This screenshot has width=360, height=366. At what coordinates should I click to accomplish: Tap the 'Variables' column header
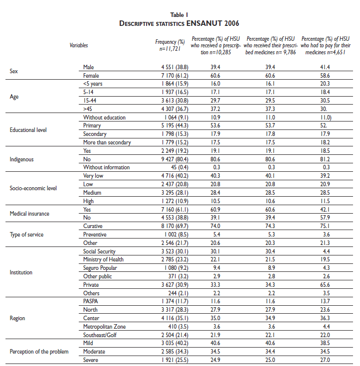pyautogui.click(x=79, y=45)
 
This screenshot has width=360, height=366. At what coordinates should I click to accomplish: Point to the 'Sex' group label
pyautogui.click(x=14, y=71)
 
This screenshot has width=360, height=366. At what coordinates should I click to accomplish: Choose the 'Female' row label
pyautogui.click(x=92, y=75)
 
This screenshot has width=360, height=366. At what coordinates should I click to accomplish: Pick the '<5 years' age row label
pyautogui.click(x=93, y=84)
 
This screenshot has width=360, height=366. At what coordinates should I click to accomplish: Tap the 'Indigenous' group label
pyautogui.click(x=23, y=159)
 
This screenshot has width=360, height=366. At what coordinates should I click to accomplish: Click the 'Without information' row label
pyautogui.click(x=106, y=168)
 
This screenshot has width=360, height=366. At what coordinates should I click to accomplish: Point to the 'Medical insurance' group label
pyautogui.click(x=30, y=214)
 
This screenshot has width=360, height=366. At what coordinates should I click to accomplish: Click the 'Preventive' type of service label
pyautogui.click(x=95, y=235)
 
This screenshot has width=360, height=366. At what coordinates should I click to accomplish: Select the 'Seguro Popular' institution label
pyautogui.click(x=100, y=268)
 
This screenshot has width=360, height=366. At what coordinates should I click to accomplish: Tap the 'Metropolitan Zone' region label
pyautogui.click(x=105, y=327)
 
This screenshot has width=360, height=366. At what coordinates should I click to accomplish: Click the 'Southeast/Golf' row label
pyautogui.click(x=101, y=335)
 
